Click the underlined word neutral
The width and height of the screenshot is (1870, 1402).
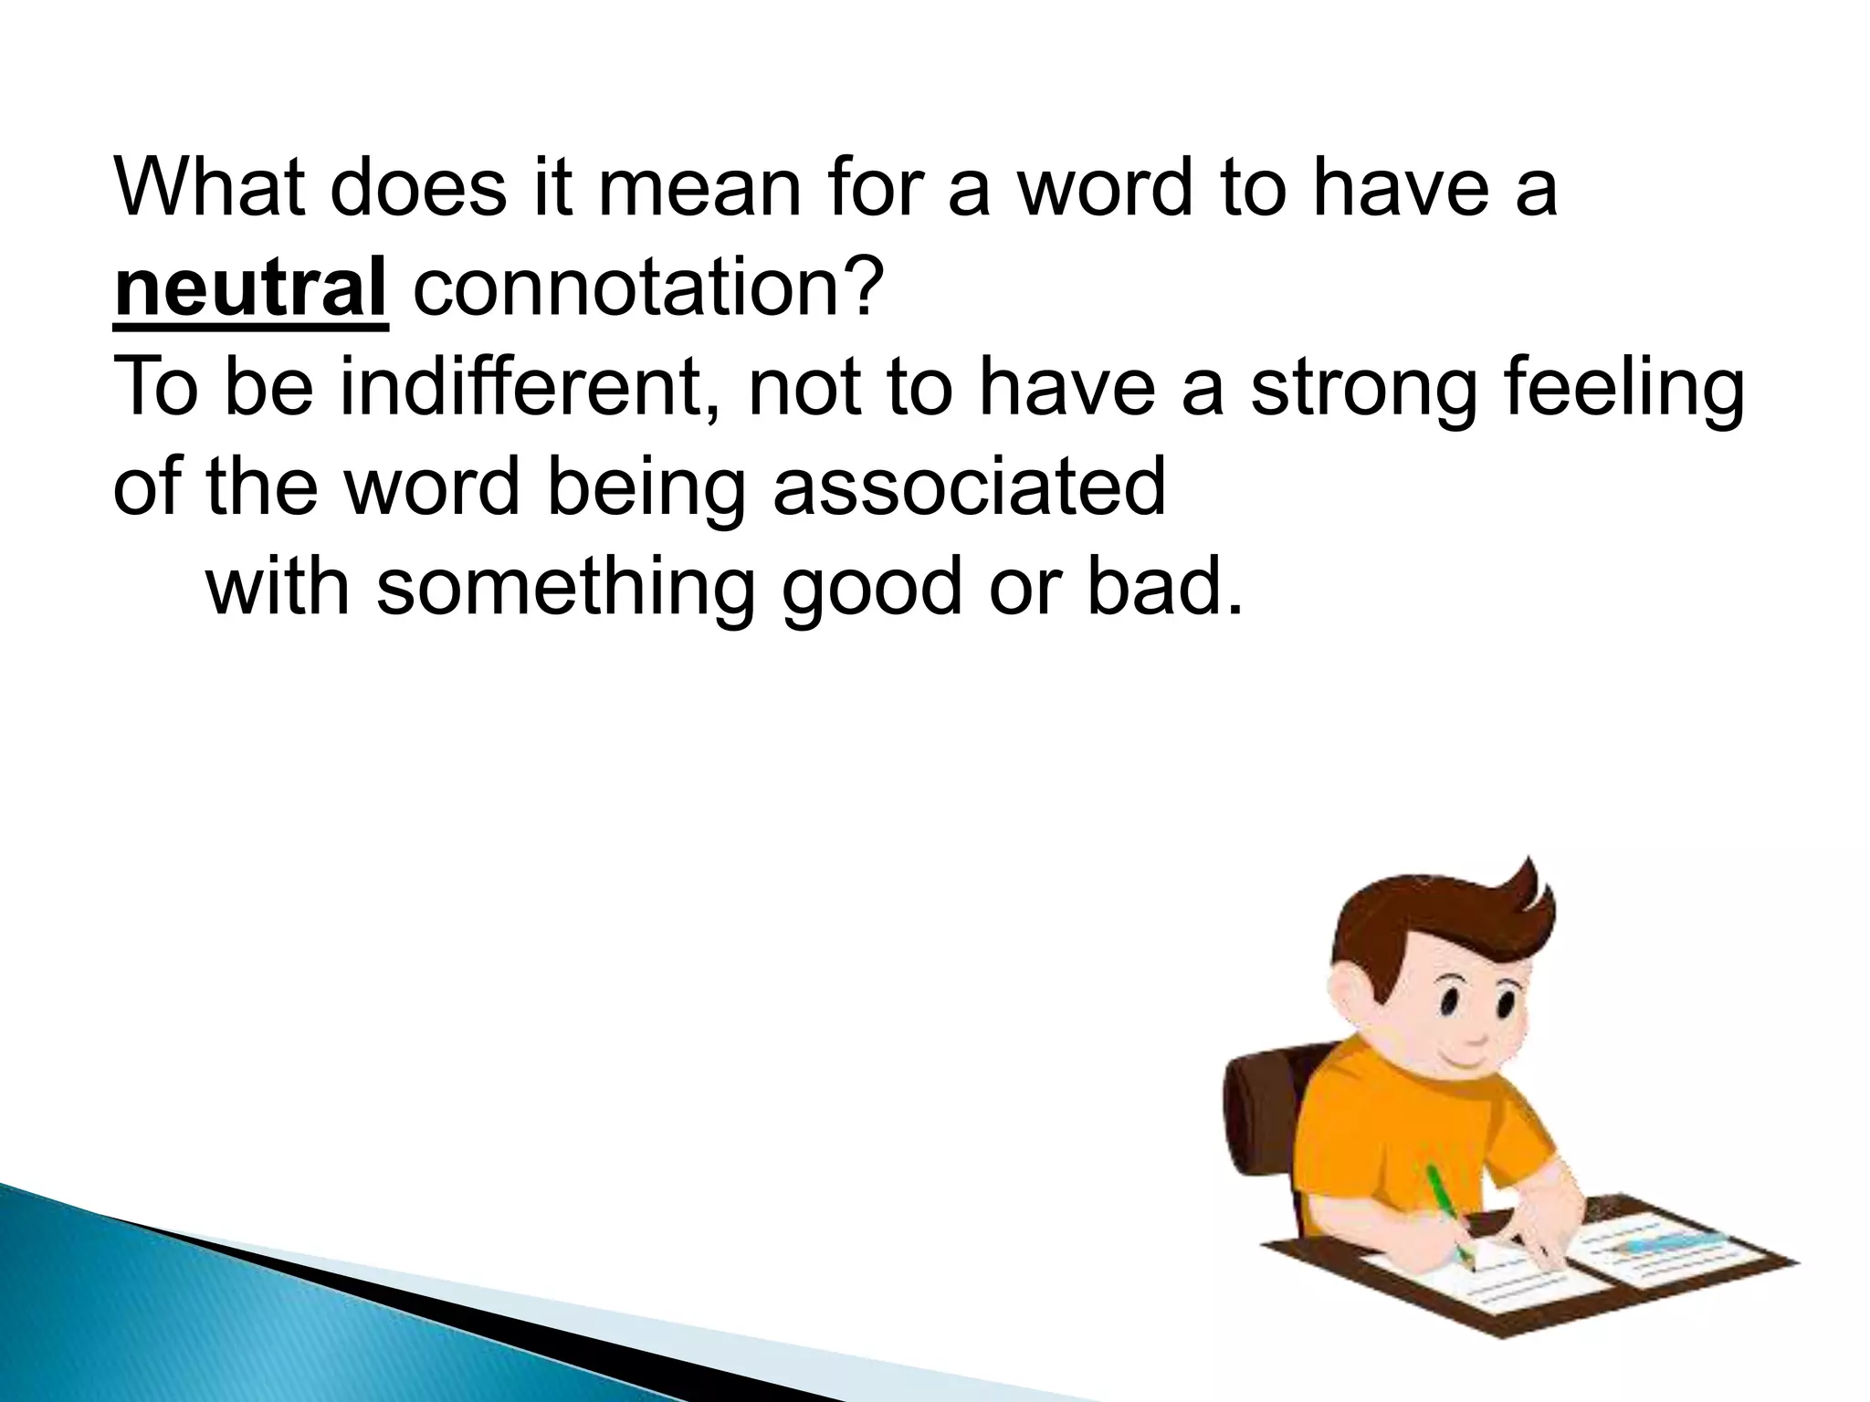click(x=250, y=288)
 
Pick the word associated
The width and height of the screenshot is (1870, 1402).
click(x=970, y=486)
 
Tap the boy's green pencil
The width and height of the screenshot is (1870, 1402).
click(x=1452, y=1215)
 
